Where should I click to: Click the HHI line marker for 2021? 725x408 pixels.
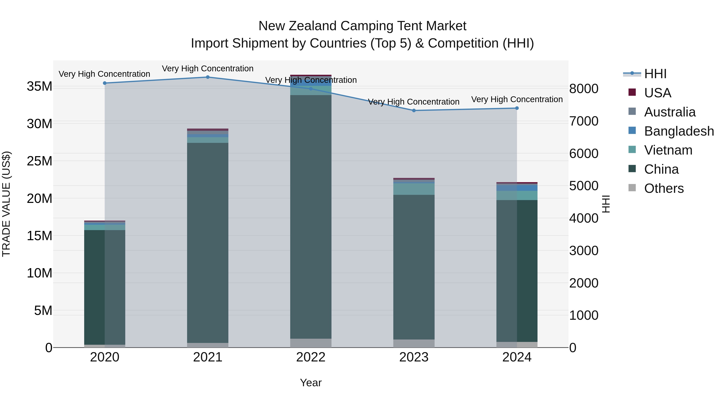tap(208, 77)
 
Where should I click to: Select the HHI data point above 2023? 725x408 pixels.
tap(414, 111)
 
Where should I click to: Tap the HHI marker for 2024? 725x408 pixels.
tap(517, 108)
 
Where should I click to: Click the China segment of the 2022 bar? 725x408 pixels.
tap(311, 217)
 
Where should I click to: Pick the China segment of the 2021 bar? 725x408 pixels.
tap(208, 242)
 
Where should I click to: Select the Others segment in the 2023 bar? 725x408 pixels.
tap(414, 343)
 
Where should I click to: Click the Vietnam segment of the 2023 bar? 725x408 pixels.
tap(414, 189)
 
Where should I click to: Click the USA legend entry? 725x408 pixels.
tap(658, 93)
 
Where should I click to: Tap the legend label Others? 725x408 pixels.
tap(664, 188)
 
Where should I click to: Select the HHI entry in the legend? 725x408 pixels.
tap(655, 74)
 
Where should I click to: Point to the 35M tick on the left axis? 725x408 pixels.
tap(39, 86)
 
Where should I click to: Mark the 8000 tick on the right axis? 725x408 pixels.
tap(584, 89)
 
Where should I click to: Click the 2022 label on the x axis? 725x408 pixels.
tap(311, 357)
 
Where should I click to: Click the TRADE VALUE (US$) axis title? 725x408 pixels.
tap(6, 204)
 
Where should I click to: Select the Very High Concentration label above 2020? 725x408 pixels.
tap(104, 74)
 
